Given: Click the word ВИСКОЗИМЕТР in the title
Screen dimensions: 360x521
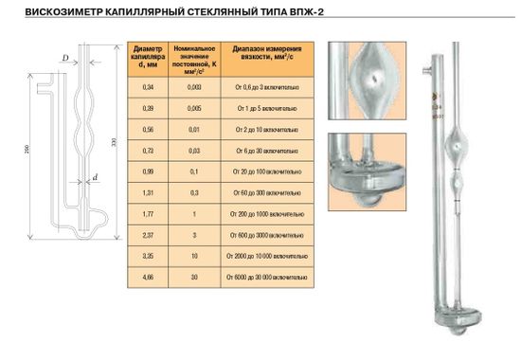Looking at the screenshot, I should [46, 13].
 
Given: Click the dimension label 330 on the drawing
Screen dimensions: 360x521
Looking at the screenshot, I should [115, 142].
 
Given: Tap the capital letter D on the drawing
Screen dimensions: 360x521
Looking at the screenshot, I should [63, 59].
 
